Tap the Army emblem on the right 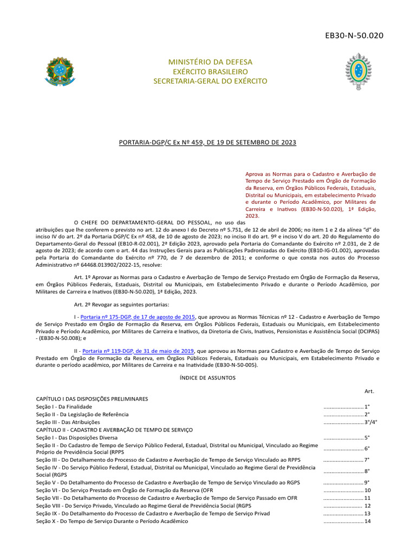358,72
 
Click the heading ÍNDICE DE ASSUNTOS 207,378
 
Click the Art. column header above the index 369,391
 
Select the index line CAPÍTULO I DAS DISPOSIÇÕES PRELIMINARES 92,398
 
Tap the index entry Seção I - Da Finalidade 64,406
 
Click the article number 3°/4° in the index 370,422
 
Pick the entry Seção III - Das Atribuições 68,422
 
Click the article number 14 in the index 367,521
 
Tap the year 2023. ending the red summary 252,216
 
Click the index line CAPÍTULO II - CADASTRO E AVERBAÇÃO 114,429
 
